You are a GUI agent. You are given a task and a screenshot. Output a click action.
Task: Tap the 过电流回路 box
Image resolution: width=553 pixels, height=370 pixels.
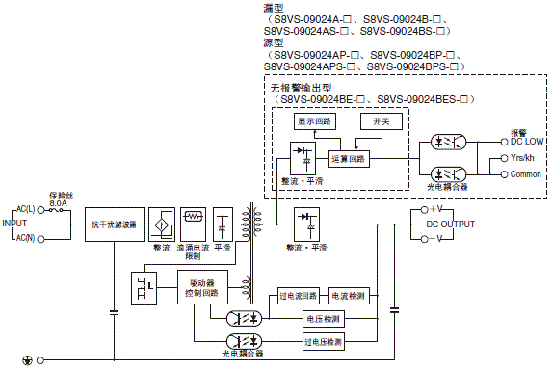(297, 295)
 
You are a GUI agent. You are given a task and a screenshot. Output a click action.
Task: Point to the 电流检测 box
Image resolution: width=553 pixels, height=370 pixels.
(347, 295)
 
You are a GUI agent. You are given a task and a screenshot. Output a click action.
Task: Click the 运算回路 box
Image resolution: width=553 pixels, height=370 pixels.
(348, 156)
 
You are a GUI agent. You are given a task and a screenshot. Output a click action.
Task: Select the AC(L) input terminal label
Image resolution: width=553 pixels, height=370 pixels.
(24, 209)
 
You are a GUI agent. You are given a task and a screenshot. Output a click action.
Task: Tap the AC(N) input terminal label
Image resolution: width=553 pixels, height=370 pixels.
(24, 237)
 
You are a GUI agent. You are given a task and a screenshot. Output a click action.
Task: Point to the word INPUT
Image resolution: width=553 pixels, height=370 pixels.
(13, 223)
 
